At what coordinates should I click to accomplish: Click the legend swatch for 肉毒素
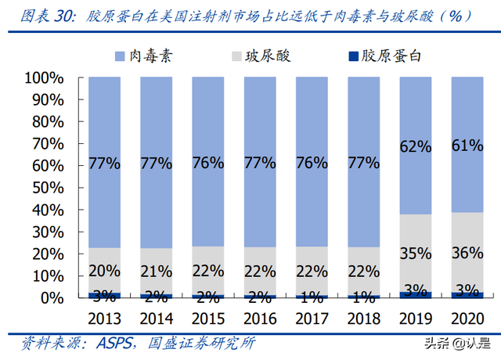(x=120, y=56)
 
